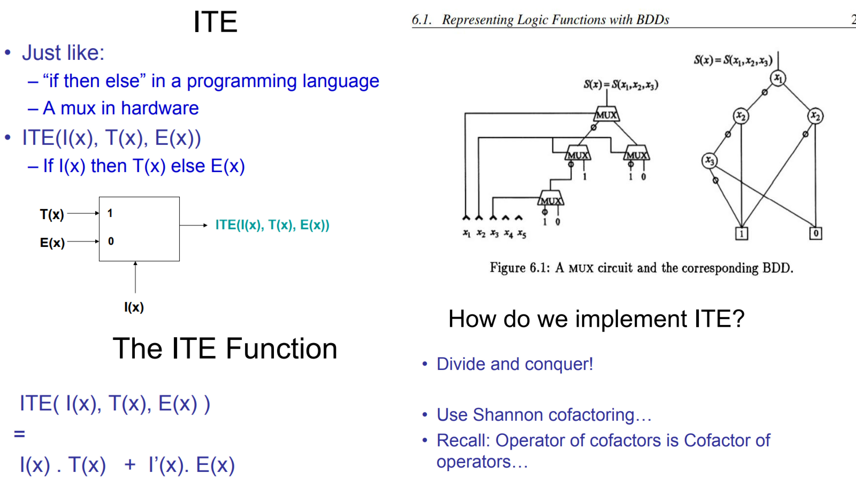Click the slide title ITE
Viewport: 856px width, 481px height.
[215, 22]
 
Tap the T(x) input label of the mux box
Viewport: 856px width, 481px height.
[52, 214]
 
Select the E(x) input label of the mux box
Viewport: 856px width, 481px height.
[52, 243]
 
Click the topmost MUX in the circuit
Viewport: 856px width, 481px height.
[606, 115]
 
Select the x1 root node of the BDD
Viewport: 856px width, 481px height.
[778, 78]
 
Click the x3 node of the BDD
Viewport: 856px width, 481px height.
[709, 161]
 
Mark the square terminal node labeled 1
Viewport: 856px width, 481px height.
[741, 234]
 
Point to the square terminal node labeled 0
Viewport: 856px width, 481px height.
[816, 233]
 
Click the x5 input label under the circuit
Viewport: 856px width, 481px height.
[522, 234]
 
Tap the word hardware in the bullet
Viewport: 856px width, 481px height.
[160, 108]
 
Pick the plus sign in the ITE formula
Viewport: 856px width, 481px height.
[130, 464]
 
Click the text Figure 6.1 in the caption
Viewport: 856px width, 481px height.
[520, 268]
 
